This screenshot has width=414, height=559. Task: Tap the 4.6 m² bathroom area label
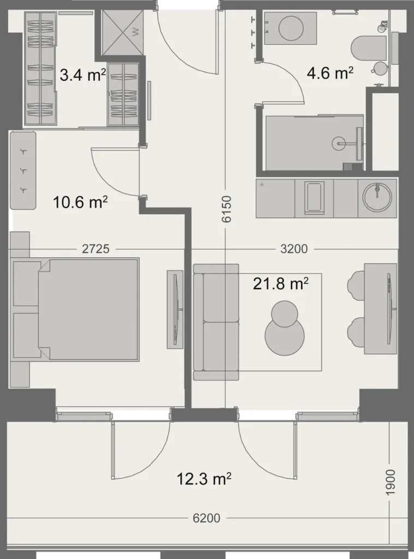click(x=330, y=73)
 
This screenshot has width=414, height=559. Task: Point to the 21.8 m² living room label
click(x=281, y=283)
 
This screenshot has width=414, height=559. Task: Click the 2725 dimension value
click(x=96, y=249)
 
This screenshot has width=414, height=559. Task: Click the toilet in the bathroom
click(x=369, y=48)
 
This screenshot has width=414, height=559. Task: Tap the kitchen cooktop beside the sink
click(x=314, y=198)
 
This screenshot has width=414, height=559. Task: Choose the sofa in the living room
click(x=216, y=322)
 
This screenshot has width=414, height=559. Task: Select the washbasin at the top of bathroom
click(x=291, y=28)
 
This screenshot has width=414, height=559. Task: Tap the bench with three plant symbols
click(x=23, y=170)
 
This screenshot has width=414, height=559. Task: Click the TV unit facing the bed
click(x=175, y=308)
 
